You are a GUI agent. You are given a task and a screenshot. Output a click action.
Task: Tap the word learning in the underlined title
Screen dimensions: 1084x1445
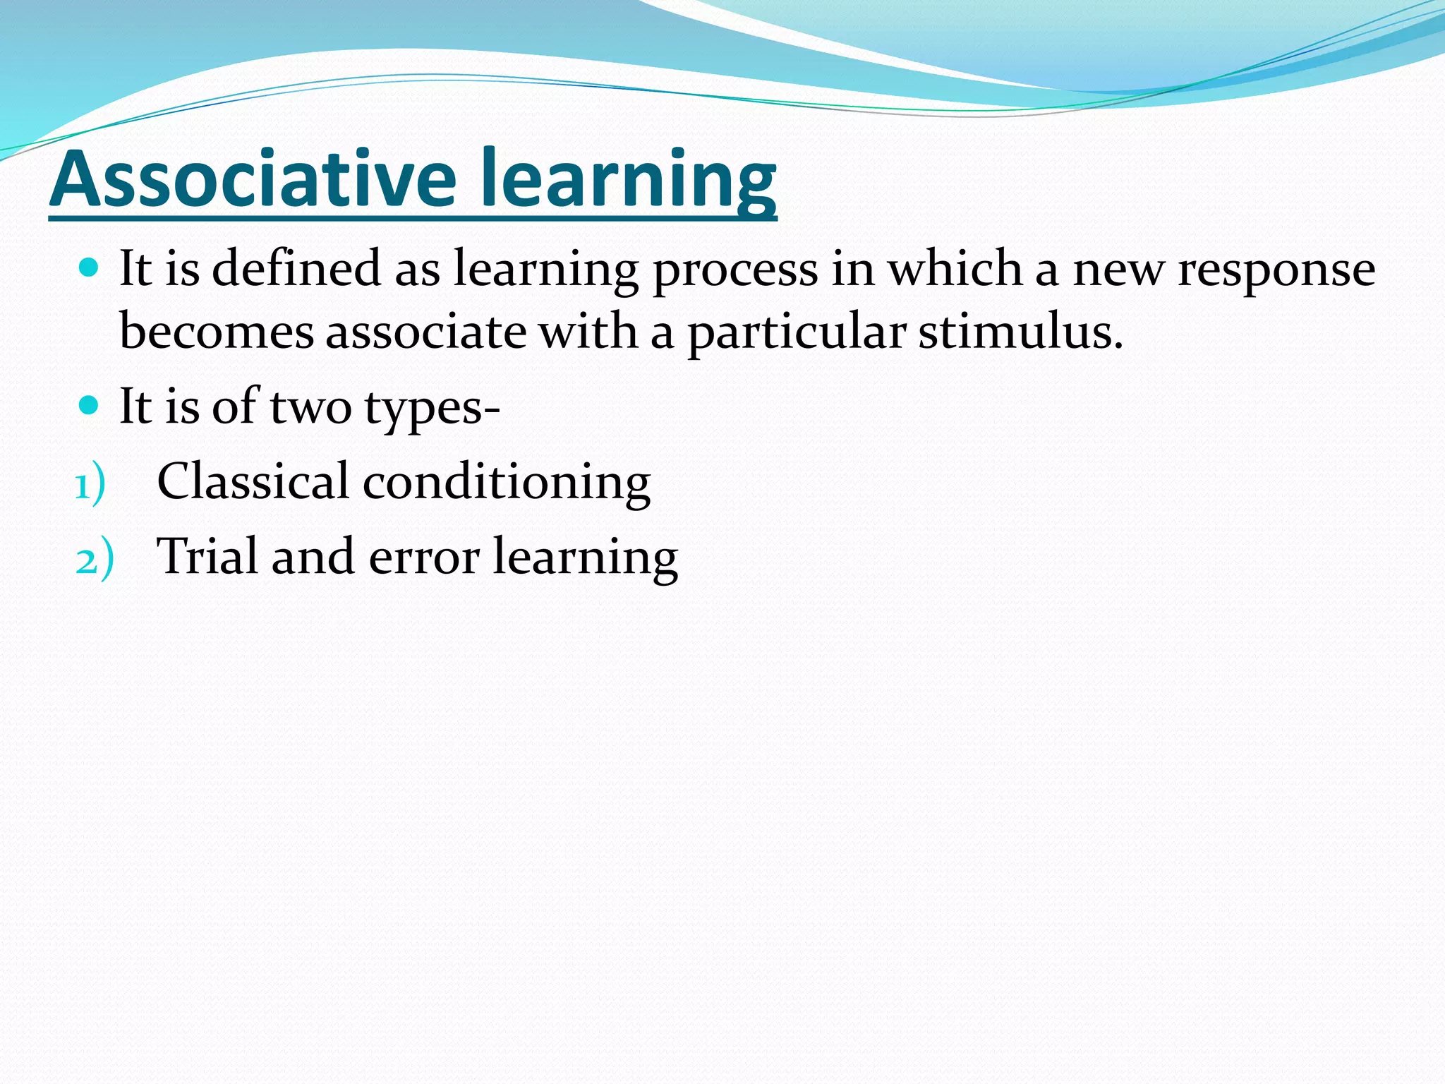click(x=628, y=180)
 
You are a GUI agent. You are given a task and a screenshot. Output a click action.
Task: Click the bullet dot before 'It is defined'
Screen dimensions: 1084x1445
click(x=88, y=267)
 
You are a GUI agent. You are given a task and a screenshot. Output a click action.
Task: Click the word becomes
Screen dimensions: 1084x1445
click(x=216, y=332)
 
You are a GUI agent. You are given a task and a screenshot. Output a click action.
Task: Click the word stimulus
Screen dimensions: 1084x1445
click(x=1020, y=332)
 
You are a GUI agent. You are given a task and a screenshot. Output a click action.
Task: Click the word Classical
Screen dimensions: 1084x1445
click(x=252, y=481)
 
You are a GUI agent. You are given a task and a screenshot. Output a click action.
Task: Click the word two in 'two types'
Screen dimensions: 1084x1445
click(x=310, y=407)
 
